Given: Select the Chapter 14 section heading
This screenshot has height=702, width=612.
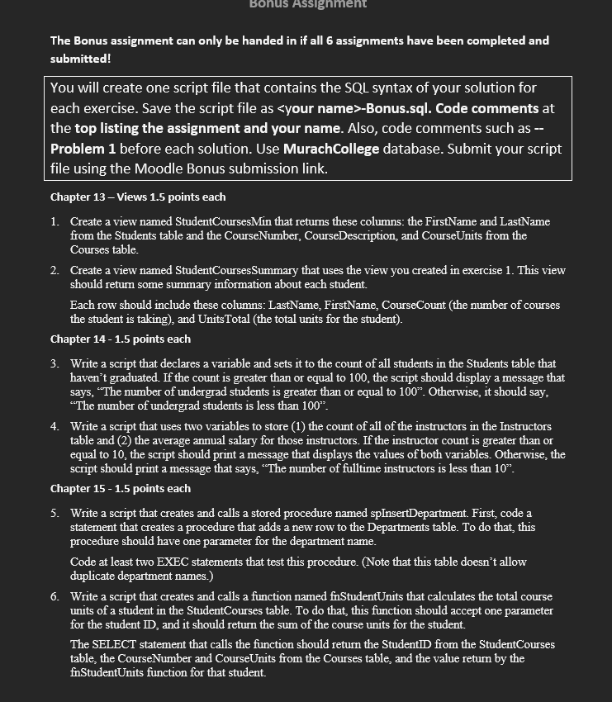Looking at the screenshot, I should [x=121, y=339].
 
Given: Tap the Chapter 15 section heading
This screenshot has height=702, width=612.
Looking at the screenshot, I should [x=121, y=489].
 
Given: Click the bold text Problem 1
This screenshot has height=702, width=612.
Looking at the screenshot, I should [x=83, y=149].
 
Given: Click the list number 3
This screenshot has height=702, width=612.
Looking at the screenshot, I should [x=54, y=364].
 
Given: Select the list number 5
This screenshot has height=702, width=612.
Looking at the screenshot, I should [x=54, y=514].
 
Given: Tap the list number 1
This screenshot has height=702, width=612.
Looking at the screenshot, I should [x=54, y=222].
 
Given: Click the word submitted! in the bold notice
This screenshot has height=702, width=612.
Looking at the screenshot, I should [x=80, y=59].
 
